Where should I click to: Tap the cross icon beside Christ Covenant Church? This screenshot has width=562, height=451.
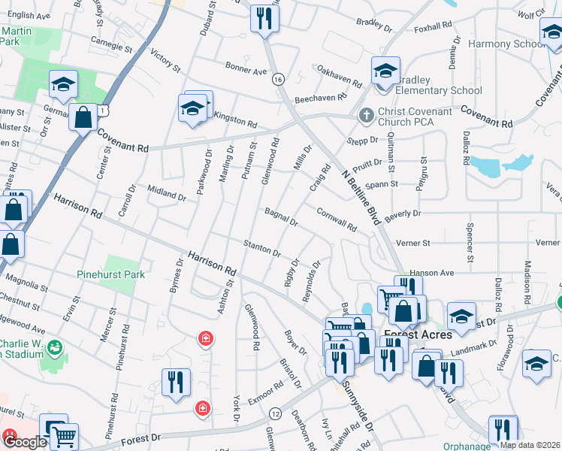366,116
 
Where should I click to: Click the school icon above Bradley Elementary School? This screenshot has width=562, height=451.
385,72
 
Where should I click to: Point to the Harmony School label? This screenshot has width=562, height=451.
506,44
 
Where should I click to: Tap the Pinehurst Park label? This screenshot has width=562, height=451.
111,274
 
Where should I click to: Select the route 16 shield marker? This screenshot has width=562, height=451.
279,79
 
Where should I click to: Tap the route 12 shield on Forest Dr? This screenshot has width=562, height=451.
276,414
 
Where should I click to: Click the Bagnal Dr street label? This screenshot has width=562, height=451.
281,217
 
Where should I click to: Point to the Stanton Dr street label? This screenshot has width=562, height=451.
261,247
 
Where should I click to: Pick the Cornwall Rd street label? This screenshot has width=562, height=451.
336,219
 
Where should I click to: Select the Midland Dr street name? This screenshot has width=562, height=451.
166,193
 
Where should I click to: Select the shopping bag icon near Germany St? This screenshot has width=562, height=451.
83,117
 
